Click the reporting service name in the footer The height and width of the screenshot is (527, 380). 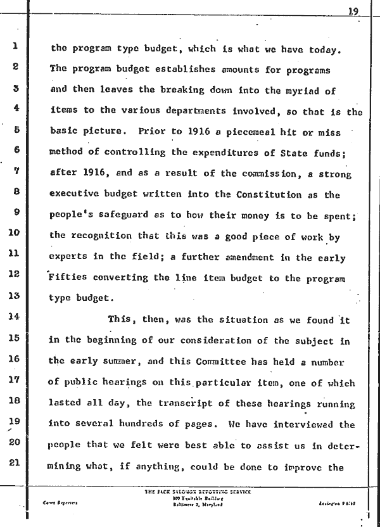[x=190, y=491]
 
